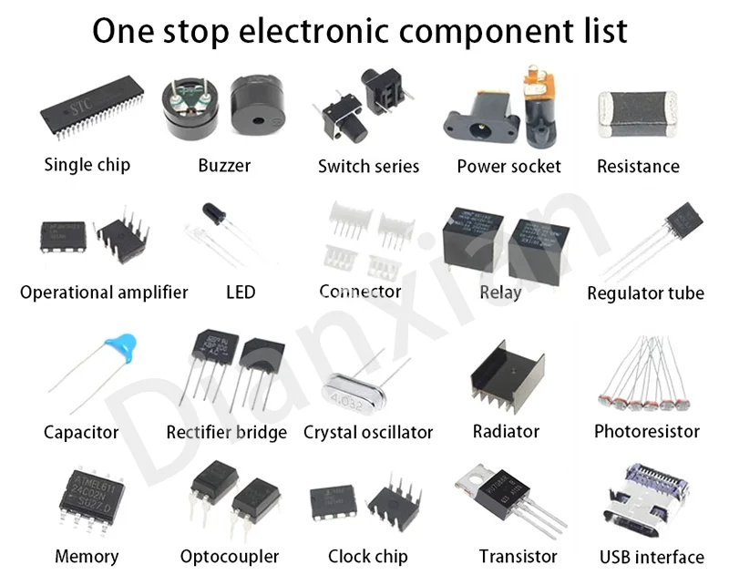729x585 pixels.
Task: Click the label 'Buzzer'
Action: pyautogui.click(x=224, y=166)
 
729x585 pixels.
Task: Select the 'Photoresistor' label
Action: pyautogui.click(x=646, y=431)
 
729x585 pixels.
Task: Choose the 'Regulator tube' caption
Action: pyautogui.click(x=645, y=293)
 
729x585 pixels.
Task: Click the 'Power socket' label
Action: pyautogui.click(x=508, y=167)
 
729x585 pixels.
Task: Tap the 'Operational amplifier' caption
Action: pyautogui.click(x=104, y=292)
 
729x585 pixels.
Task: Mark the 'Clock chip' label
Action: pyautogui.click(x=368, y=556)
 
